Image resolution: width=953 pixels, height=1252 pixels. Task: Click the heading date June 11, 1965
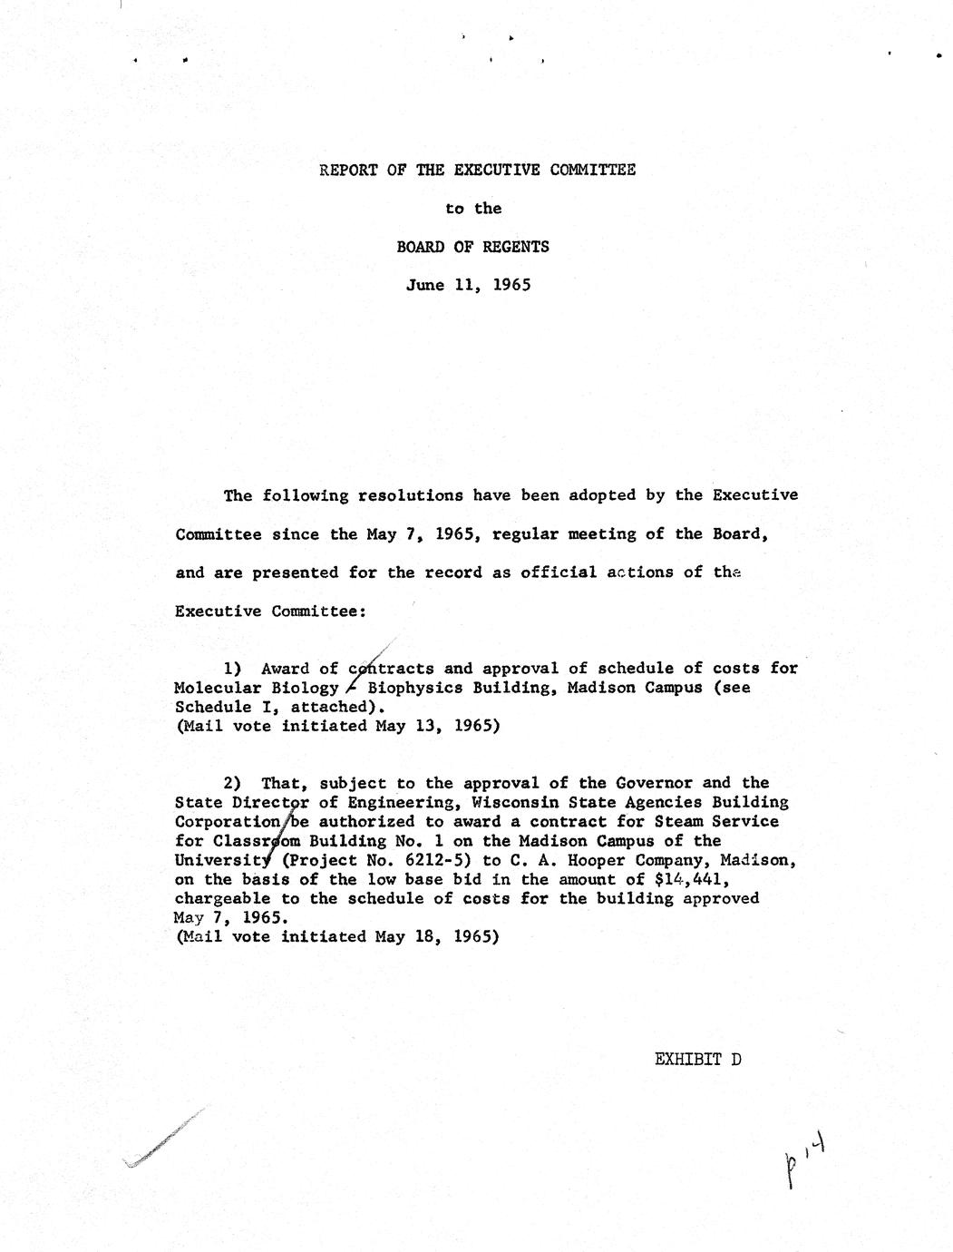coord(468,285)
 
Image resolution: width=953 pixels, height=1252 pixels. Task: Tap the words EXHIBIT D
coord(697,1059)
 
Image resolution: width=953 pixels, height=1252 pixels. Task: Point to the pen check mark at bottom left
coord(163,1139)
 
